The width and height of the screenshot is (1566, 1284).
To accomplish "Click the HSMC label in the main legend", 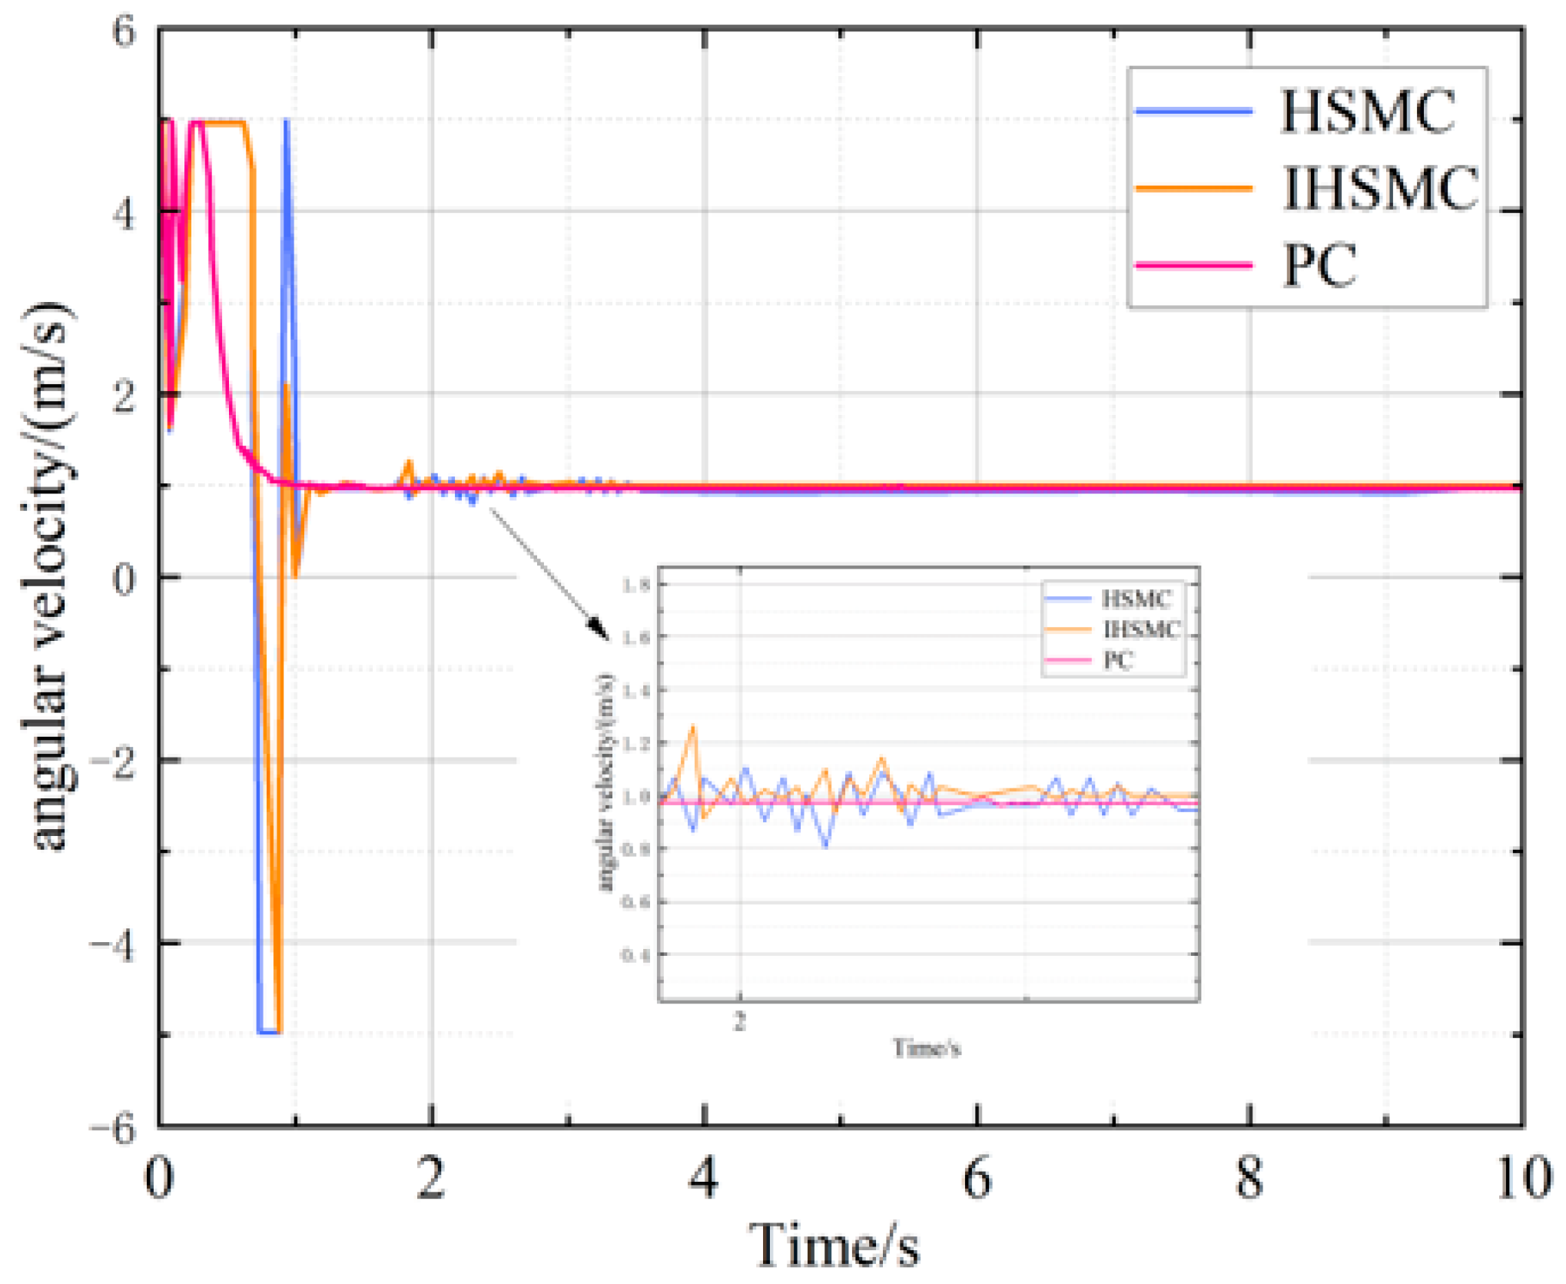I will click(x=1367, y=112).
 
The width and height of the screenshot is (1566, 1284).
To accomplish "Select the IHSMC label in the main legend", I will click(x=1380, y=188).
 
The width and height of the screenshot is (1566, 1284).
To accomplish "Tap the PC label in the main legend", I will click(x=1319, y=265).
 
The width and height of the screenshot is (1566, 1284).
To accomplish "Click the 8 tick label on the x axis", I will click(x=1249, y=1179).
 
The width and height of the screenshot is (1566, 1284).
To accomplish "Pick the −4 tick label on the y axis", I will click(x=113, y=944).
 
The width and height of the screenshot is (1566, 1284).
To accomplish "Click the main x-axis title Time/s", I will click(x=834, y=1245).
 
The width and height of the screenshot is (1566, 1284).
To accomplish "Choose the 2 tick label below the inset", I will click(x=739, y=1021).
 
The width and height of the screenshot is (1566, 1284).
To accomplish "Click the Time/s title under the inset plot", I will click(x=927, y=1048).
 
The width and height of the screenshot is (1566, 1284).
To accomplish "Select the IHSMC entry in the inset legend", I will click(x=1141, y=630).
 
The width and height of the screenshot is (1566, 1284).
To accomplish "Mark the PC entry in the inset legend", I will click(x=1118, y=660).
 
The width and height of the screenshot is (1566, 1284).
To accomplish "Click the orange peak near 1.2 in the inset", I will click(x=694, y=726).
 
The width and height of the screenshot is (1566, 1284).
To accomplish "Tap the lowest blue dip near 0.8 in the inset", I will click(x=827, y=846).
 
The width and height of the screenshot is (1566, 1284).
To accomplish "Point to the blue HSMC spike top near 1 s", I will click(x=286, y=121).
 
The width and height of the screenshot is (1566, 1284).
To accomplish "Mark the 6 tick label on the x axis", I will click(x=977, y=1179).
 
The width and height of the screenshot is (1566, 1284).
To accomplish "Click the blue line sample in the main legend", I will click(x=1194, y=112).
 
